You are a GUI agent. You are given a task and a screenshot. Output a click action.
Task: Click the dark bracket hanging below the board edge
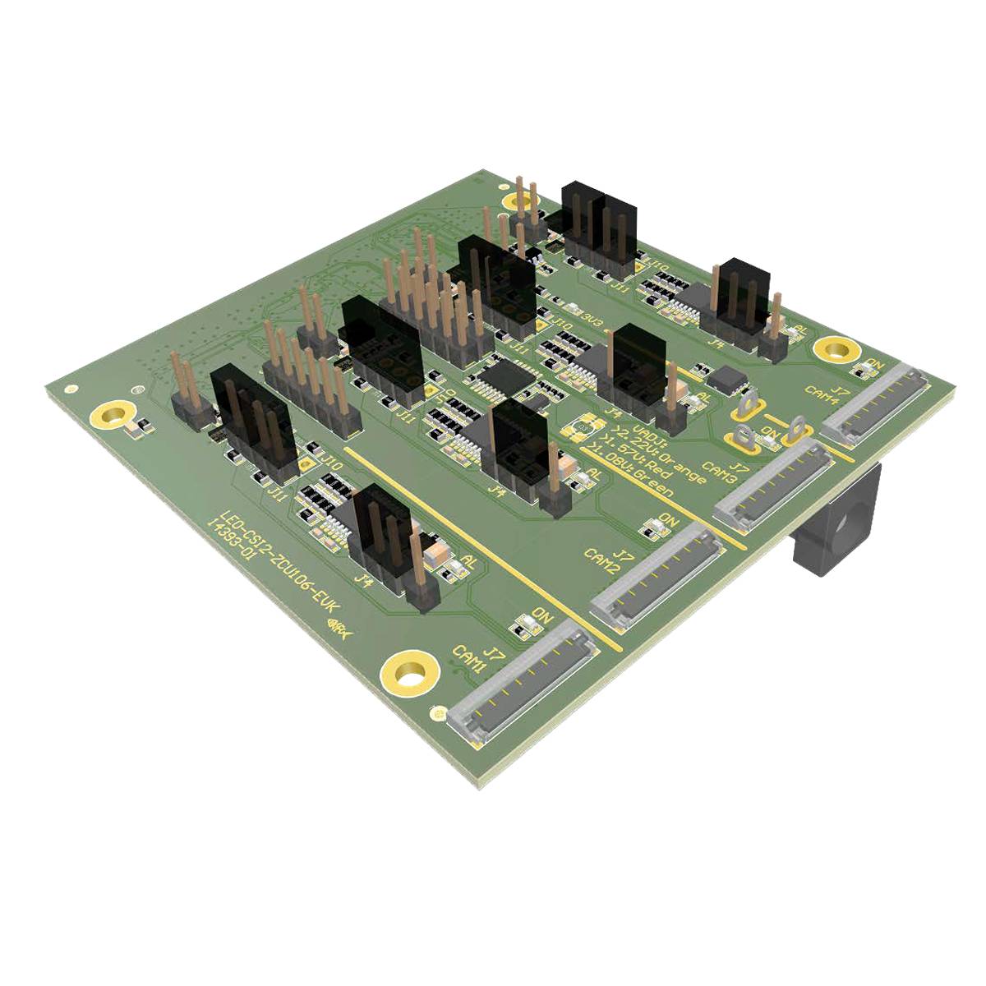coord(838,526)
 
